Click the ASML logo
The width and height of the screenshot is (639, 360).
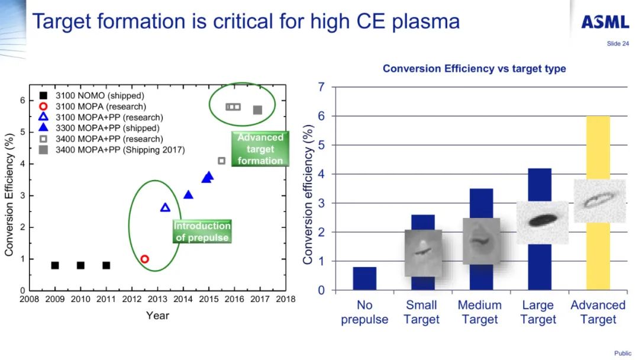pyautogui.click(x=605, y=22)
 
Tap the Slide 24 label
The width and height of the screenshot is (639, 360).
pyautogui.click(x=618, y=43)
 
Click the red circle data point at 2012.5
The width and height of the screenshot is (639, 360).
pyautogui.click(x=144, y=259)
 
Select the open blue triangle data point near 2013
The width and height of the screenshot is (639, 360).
pyautogui.click(x=165, y=207)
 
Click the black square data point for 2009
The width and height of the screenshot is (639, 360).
pyautogui.click(x=55, y=265)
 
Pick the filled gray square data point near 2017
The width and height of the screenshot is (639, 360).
pyautogui.click(x=257, y=110)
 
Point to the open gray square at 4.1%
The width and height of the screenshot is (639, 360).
pyautogui.click(x=221, y=160)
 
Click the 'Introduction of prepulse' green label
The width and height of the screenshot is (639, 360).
pyautogui.click(x=202, y=232)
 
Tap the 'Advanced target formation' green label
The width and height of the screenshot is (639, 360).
pyautogui.click(x=260, y=149)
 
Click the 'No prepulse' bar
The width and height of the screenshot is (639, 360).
pyautogui.click(x=364, y=278)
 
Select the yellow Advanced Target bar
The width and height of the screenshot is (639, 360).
pyautogui.click(x=598, y=261)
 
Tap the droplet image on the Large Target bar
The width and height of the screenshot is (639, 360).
pyautogui.click(x=542, y=221)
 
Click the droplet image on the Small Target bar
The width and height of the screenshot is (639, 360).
pyautogui.click(x=423, y=252)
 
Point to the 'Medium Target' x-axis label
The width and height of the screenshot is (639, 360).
pyautogui.click(x=479, y=312)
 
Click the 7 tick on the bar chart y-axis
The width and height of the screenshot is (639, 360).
pyautogui.click(x=322, y=88)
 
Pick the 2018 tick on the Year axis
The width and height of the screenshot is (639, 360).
pyautogui.click(x=286, y=300)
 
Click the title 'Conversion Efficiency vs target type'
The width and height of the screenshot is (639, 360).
pyautogui.click(x=474, y=69)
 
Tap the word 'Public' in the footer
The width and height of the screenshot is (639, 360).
pyautogui.click(x=622, y=353)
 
